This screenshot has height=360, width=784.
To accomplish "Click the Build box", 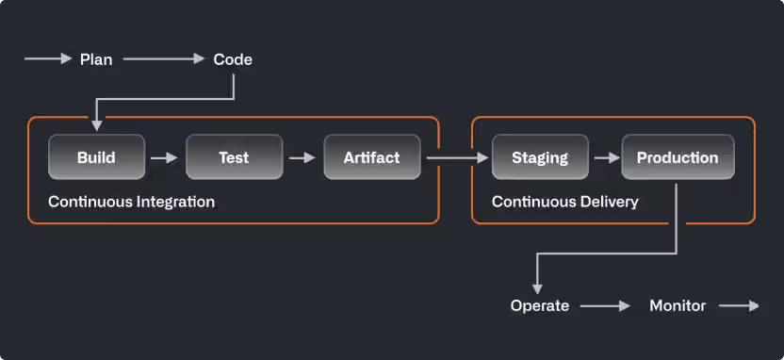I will (96, 157).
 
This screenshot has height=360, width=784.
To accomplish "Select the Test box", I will (234, 157).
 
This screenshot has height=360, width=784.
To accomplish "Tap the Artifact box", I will (371, 157).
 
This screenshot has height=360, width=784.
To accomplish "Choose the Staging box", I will (540, 157).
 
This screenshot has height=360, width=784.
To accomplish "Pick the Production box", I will (678, 157).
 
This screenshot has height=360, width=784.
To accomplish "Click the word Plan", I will (96, 59).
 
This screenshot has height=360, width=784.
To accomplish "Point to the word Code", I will (233, 59).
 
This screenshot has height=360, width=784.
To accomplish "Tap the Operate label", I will (540, 305).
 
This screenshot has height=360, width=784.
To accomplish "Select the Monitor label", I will (678, 305).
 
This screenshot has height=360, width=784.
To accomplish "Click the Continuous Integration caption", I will (131, 202).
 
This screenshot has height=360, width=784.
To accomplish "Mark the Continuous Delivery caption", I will (564, 202).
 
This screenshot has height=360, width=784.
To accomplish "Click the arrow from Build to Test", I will (165, 157).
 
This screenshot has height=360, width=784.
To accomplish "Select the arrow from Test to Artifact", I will (302, 157).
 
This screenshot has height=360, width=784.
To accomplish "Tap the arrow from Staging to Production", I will (605, 157).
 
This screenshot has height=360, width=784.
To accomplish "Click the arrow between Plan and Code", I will (164, 59).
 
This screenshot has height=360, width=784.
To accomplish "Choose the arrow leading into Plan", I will (48, 59).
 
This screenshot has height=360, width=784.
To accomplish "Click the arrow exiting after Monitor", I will (739, 305).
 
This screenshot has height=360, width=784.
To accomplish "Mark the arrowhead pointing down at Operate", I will (537, 287).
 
